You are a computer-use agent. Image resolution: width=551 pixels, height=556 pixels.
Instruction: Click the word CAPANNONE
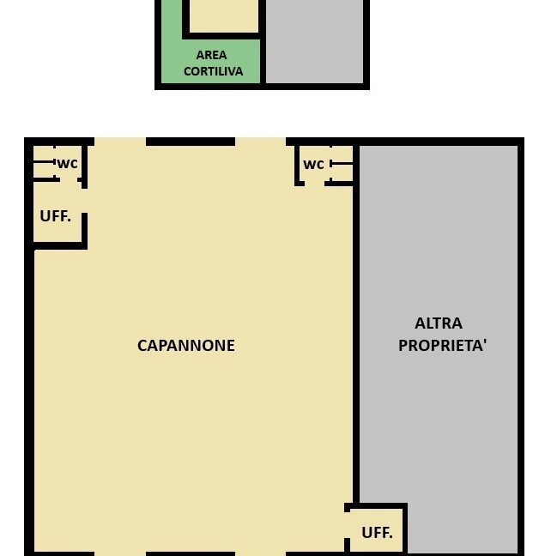pyautogui.click(x=185, y=346)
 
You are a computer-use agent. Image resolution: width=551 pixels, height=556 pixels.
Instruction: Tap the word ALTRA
pyautogui.click(x=438, y=323)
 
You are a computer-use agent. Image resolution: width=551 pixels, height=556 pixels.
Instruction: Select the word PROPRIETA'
pyautogui.click(x=442, y=346)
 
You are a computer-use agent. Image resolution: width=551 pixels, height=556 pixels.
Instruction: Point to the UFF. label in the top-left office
pyautogui.click(x=55, y=216)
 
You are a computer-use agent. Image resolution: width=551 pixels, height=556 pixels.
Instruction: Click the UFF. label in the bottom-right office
pyautogui.click(x=377, y=533)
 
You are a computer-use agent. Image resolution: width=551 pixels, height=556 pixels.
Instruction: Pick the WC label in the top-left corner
pyautogui.click(x=67, y=163)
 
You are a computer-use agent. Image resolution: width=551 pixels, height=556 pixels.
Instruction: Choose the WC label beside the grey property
pyautogui.click(x=313, y=164)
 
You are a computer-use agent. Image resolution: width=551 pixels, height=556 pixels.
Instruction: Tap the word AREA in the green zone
pyautogui.click(x=211, y=55)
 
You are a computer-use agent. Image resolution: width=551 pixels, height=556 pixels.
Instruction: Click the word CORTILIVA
pyautogui.click(x=213, y=71)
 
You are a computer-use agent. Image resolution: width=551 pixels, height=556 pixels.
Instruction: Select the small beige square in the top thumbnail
pyautogui.click(x=222, y=15)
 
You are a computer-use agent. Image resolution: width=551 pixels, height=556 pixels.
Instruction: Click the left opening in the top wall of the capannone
pyautogui.click(x=120, y=141)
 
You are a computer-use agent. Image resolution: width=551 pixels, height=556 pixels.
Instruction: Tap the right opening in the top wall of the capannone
pyautogui.click(x=260, y=141)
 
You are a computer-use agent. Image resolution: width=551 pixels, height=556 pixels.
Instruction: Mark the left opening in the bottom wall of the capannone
pyautogui.click(x=120, y=553)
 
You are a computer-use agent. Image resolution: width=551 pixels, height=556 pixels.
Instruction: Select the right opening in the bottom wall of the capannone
pyautogui.click(x=260, y=553)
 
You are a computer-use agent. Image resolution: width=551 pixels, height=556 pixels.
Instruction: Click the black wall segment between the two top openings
pyautogui.click(x=190, y=141)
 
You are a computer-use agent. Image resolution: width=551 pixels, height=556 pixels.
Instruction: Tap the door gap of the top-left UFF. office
pyautogui.click(x=84, y=200)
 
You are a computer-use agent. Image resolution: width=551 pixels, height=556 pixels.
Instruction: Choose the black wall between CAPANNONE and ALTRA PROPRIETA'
pyautogui.click(x=355, y=343)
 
